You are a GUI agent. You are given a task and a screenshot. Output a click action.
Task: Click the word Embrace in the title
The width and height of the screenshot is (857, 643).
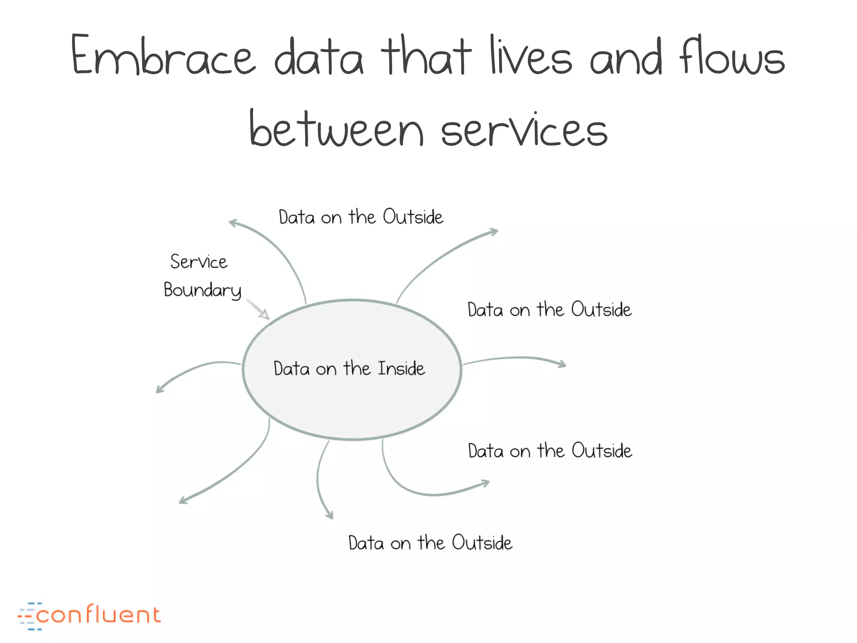click(x=163, y=57)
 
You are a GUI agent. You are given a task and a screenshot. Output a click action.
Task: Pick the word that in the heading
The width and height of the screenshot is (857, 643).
click(x=426, y=57)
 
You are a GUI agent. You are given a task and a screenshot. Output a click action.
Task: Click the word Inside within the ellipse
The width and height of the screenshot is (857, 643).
click(x=401, y=369)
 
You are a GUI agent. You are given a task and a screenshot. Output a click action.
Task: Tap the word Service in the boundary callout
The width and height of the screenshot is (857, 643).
click(x=199, y=262)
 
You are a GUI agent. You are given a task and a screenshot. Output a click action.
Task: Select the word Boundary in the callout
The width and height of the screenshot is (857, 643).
click(x=203, y=290)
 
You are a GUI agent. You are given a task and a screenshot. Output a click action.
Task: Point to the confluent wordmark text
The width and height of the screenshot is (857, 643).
click(x=99, y=615)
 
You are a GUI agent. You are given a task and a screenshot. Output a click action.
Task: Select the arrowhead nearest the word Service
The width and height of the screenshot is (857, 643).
click(x=231, y=222)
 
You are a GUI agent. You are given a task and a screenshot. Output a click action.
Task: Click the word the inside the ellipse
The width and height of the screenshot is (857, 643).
click(x=357, y=368)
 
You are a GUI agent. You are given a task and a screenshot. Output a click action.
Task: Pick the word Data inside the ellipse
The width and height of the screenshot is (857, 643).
click(x=292, y=369)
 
